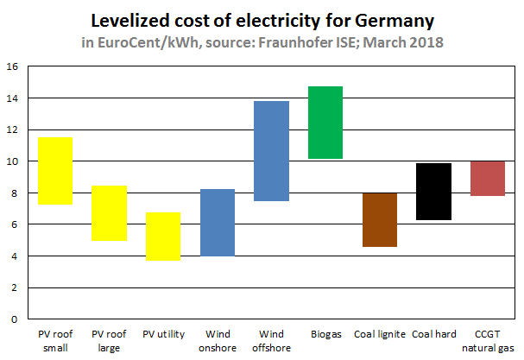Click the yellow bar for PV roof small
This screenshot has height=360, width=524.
coord(54,171)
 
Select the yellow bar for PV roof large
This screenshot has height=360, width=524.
coord(110,213)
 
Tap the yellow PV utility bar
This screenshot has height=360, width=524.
coord(163,236)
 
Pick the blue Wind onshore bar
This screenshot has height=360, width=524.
coord(218,222)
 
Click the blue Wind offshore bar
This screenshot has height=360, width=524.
coord(271,151)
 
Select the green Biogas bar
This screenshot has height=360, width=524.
coord(325,123)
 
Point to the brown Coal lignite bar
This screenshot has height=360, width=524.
coord(379,219)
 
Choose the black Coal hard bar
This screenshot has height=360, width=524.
coord(433,192)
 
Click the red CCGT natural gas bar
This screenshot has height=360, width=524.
coord(487,179)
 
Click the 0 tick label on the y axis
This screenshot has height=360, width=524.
coord(14,319)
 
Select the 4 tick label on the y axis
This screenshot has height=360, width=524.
coord(14,256)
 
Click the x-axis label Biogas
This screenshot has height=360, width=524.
coord(325,333)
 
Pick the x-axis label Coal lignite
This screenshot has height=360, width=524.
coord(379,333)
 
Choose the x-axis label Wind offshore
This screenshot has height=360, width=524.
coord(271,340)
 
